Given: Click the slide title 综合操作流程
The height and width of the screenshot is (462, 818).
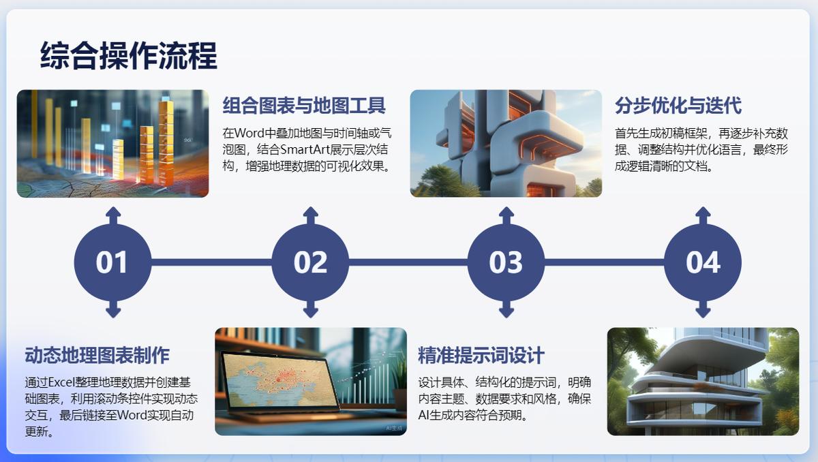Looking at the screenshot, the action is (x=129, y=55).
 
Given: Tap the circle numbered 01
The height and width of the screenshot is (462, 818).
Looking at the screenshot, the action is (x=113, y=262).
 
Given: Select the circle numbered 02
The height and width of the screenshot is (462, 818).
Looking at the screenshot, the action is (x=310, y=262).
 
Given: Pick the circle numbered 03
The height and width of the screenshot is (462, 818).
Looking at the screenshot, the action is (x=506, y=262).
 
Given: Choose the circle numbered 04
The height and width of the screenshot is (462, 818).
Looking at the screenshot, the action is (x=703, y=262).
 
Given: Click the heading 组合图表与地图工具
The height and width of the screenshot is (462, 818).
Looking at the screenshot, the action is (x=304, y=106).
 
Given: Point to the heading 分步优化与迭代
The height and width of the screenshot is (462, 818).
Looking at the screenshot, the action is (x=678, y=106).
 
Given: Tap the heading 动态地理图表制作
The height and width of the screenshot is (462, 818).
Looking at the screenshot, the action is (x=97, y=355).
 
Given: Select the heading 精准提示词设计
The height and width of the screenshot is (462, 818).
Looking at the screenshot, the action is (x=481, y=355).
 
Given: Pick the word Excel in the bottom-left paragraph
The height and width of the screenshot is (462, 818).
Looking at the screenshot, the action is (x=61, y=382).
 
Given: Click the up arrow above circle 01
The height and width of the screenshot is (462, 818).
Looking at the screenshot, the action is (x=113, y=215).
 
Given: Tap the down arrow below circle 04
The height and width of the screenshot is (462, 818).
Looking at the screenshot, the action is (x=703, y=309).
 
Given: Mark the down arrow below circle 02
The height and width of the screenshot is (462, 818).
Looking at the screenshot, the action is (x=310, y=309).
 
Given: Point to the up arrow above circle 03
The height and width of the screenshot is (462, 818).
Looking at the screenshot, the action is (x=506, y=215).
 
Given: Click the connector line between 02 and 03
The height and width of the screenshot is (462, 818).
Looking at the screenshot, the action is (x=408, y=262).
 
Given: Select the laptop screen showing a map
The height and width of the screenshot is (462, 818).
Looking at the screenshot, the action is (x=279, y=380).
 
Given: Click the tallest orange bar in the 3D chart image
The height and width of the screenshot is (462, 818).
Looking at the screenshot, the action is (x=166, y=142).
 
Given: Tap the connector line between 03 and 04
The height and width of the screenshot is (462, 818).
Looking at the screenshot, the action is (x=605, y=262).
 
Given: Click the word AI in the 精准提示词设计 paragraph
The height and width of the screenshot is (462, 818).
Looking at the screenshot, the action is (x=423, y=415).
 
